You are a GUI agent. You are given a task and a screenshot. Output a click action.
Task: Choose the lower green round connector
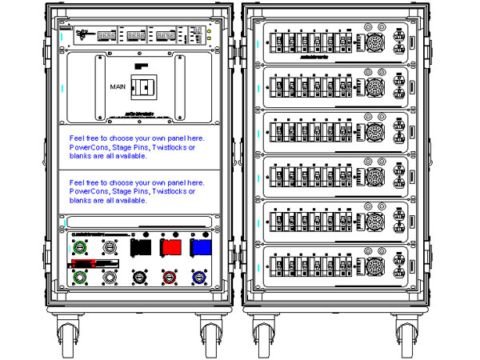pyautogui.click(x=80, y=278)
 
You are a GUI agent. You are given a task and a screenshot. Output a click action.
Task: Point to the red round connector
pyautogui.click(x=170, y=278)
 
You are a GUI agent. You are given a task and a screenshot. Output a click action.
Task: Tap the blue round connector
pyautogui.click(x=199, y=278)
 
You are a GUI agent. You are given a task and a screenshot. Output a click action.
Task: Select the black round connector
pyautogui.click(x=140, y=278)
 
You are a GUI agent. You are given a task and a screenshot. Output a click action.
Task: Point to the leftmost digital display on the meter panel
pyautogui.click(x=109, y=35)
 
